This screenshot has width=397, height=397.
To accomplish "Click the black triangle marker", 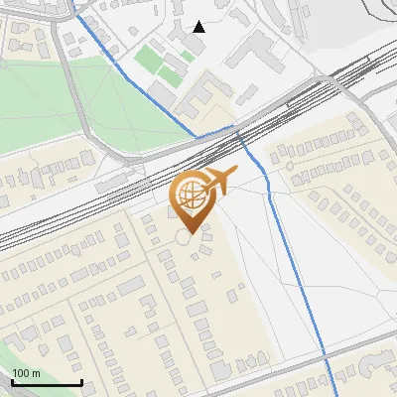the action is tap(199, 27).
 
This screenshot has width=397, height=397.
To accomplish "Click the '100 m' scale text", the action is tap(26, 373).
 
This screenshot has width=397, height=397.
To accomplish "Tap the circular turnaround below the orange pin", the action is tap(186, 239).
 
